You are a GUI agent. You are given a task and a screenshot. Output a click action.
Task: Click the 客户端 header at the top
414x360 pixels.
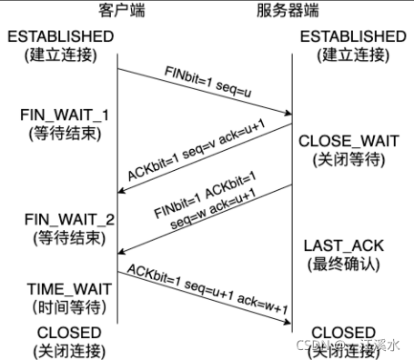coord(117,10)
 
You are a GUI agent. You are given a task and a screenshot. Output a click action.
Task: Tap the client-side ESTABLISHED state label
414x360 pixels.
coord(61,36)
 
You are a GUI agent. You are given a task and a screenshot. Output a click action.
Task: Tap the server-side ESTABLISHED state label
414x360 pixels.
coord(351,36)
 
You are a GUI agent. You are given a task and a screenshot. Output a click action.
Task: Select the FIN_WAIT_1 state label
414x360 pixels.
coord(61,118)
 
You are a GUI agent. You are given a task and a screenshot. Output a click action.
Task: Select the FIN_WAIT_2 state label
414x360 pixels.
coord(61,220)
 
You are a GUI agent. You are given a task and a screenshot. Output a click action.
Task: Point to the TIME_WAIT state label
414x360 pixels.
coord(61,288)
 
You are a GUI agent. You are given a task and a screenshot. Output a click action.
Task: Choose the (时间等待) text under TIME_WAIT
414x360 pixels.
coord(61,306)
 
